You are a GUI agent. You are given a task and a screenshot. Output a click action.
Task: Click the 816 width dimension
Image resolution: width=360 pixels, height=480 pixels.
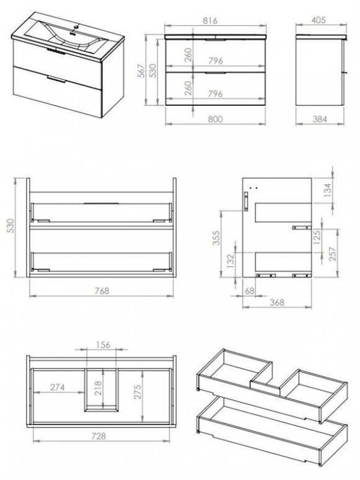pyautogui.click(x=210, y=20)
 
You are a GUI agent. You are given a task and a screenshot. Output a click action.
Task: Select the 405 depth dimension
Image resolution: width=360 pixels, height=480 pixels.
pyautogui.click(x=318, y=20)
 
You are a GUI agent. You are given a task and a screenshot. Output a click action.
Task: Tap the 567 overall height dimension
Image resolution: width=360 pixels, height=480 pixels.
pyautogui.click(x=141, y=71)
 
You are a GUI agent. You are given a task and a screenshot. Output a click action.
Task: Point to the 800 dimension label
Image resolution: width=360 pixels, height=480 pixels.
pyautogui.click(x=215, y=119)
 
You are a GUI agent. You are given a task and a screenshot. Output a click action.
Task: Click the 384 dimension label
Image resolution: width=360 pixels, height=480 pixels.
pyautogui.click(x=320, y=119)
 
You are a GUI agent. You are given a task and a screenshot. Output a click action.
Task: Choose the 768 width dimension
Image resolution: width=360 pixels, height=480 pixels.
pyautogui.click(x=102, y=290)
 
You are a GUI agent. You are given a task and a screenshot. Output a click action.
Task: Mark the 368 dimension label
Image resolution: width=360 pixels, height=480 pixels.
pyautogui.click(x=277, y=302)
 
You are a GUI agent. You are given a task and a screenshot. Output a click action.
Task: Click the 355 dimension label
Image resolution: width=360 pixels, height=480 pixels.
pyautogui.click(x=216, y=238)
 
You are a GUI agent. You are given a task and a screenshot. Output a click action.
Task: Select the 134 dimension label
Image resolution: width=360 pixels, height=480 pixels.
pyautogui.click(x=328, y=190)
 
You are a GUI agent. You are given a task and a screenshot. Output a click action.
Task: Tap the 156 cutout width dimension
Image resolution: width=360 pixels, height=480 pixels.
pyautogui.click(x=103, y=345)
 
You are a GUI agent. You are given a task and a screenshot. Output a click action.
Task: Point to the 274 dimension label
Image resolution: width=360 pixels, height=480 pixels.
pyautogui.click(x=57, y=387)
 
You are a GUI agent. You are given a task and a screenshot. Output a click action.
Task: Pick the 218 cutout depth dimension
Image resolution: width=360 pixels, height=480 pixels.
pyautogui.click(x=98, y=388)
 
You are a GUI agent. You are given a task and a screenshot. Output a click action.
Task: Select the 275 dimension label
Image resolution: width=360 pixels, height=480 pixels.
pyautogui.click(x=138, y=391)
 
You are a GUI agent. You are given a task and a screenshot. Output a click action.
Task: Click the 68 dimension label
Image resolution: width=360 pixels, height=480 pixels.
pyautogui.click(x=250, y=291)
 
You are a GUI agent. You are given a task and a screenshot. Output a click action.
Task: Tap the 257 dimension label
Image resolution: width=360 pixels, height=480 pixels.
pyautogui.click(x=332, y=254)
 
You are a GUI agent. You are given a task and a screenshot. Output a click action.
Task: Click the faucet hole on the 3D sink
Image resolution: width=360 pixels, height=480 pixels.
pyautogui.click(x=74, y=27)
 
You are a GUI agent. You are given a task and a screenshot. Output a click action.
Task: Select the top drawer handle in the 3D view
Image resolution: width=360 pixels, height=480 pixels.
pyautogui.click(x=55, y=51)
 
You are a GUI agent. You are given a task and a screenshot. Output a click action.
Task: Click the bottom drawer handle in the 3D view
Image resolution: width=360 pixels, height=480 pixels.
pyautogui.click(x=56, y=80)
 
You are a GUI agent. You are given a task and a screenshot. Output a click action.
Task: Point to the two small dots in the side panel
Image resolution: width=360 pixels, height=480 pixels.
pyautogui.click(x=253, y=188)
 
